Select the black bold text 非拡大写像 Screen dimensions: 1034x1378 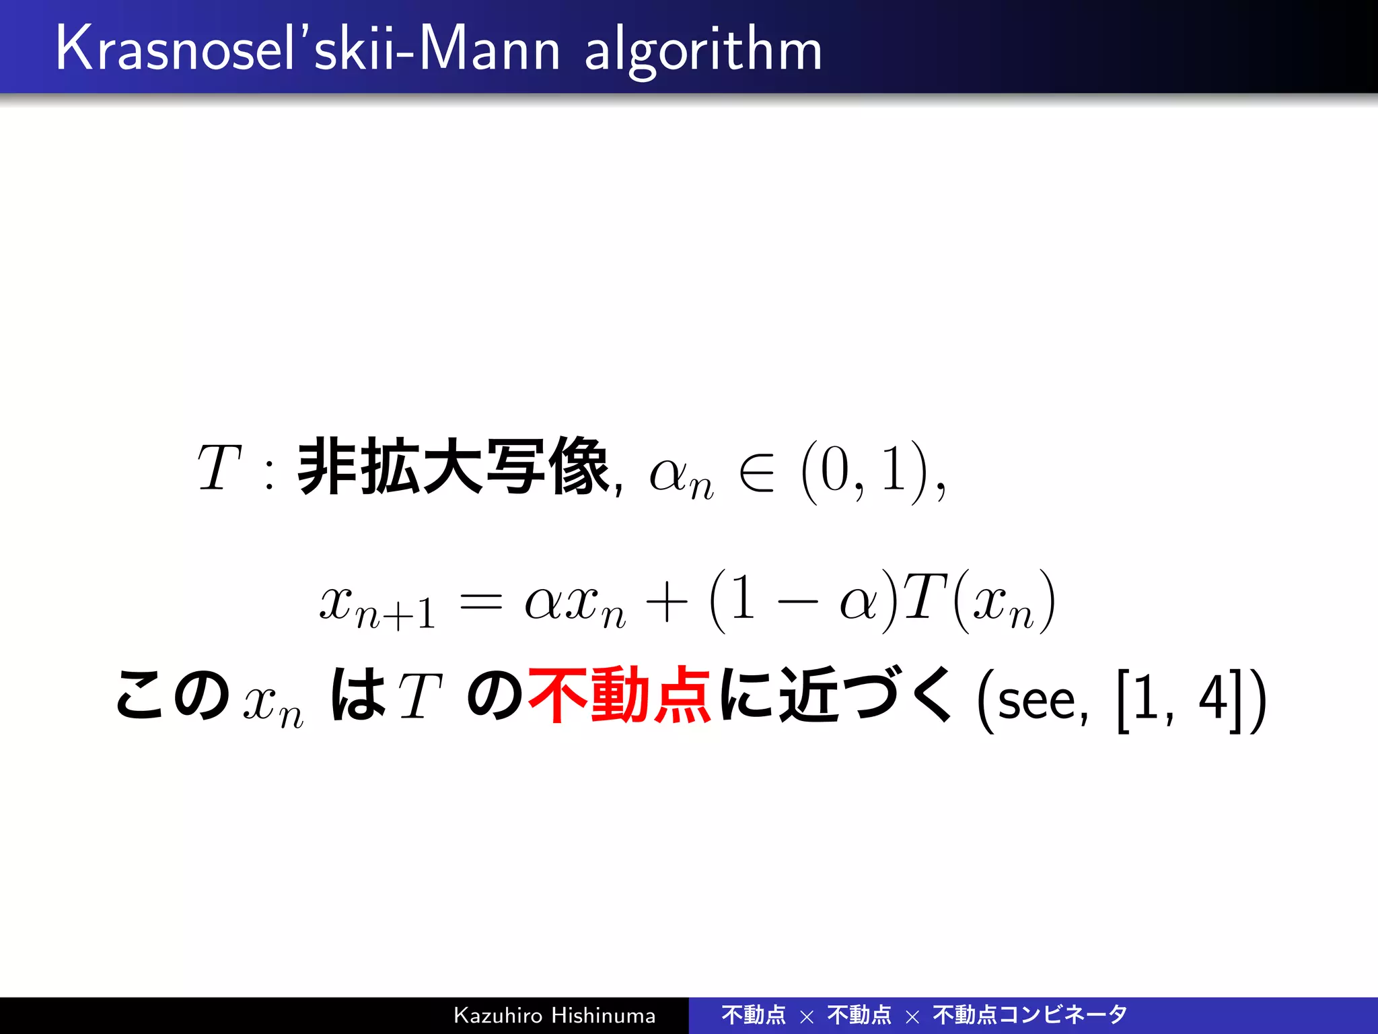point(452,467)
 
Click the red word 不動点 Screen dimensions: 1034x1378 point(619,695)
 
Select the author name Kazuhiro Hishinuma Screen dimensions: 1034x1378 point(554,1015)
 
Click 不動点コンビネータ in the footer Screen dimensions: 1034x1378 point(1029,1014)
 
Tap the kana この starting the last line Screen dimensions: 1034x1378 point(172,695)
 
